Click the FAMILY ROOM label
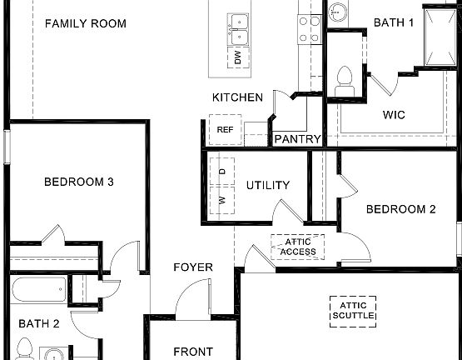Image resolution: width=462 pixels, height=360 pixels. [86, 23]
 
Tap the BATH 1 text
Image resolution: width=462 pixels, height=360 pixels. [394, 22]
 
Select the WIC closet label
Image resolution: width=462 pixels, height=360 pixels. [394, 115]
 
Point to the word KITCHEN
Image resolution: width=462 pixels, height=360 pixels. [237, 97]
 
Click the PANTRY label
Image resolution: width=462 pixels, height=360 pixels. [297, 139]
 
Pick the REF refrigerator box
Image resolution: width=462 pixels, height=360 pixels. [225, 130]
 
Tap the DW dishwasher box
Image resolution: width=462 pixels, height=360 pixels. [237, 57]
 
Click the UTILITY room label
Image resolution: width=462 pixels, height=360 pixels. [268, 185]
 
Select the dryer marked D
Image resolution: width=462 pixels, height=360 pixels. [221, 171]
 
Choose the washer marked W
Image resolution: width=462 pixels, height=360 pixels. [221, 200]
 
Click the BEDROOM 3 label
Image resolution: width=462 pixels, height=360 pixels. [78, 182]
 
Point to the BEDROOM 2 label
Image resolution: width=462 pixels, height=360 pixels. [401, 209]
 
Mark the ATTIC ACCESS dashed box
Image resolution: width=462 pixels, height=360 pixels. [297, 246]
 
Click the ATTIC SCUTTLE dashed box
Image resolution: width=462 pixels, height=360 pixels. [353, 311]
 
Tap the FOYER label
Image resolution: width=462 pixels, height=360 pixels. [192, 267]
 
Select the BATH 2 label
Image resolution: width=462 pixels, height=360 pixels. [40, 322]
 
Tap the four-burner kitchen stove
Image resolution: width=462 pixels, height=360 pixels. [310, 28]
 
